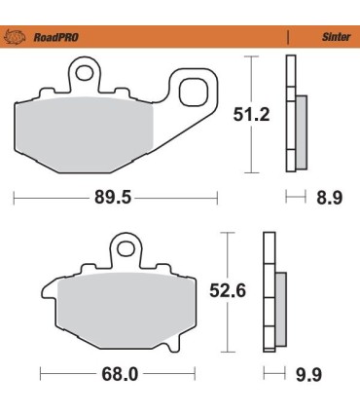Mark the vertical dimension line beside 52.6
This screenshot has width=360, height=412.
point(228,290)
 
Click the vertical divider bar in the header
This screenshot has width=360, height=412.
point(288,38)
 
